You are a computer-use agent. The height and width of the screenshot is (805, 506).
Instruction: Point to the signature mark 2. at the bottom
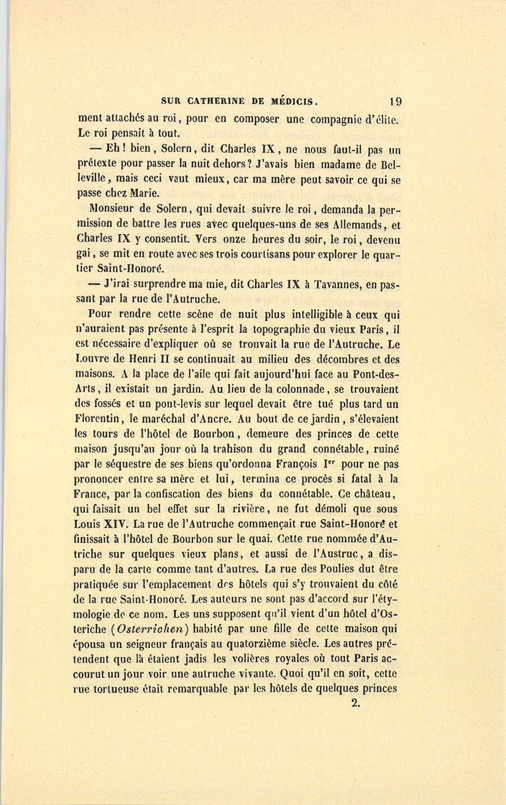355,702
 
